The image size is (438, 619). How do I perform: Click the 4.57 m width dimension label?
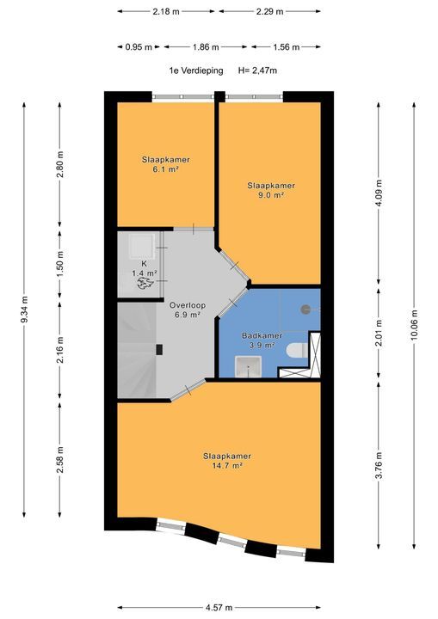[x=219, y=607]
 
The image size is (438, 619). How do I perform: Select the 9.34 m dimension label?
[x=24, y=309]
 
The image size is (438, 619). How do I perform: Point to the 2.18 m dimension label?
[x=166, y=11]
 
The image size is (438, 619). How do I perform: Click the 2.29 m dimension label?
[x=269, y=11]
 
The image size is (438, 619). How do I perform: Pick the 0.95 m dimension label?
[x=139, y=47]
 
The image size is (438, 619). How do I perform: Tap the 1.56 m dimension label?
[x=287, y=47]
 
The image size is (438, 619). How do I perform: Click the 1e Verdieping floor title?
[x=196, y=70]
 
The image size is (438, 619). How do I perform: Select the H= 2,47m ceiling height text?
[x=257, y=70]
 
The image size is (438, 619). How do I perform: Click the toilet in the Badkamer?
[x=297, y=350]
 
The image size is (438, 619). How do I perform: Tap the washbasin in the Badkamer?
[x=248, y=367]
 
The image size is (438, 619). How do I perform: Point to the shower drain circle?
[x=305, y=309]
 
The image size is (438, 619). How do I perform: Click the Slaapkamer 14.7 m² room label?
[x=227, y=461]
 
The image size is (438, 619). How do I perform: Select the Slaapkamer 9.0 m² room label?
[x=271, y=190]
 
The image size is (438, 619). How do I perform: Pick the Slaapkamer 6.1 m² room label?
[x=165, y=164]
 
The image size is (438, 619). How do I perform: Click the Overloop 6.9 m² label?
[x=188, y=309]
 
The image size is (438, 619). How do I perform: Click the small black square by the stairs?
[x=159, y=350]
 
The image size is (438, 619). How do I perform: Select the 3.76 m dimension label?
[x=379, y=464]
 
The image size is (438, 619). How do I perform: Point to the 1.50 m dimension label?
[x=59, y=264]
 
